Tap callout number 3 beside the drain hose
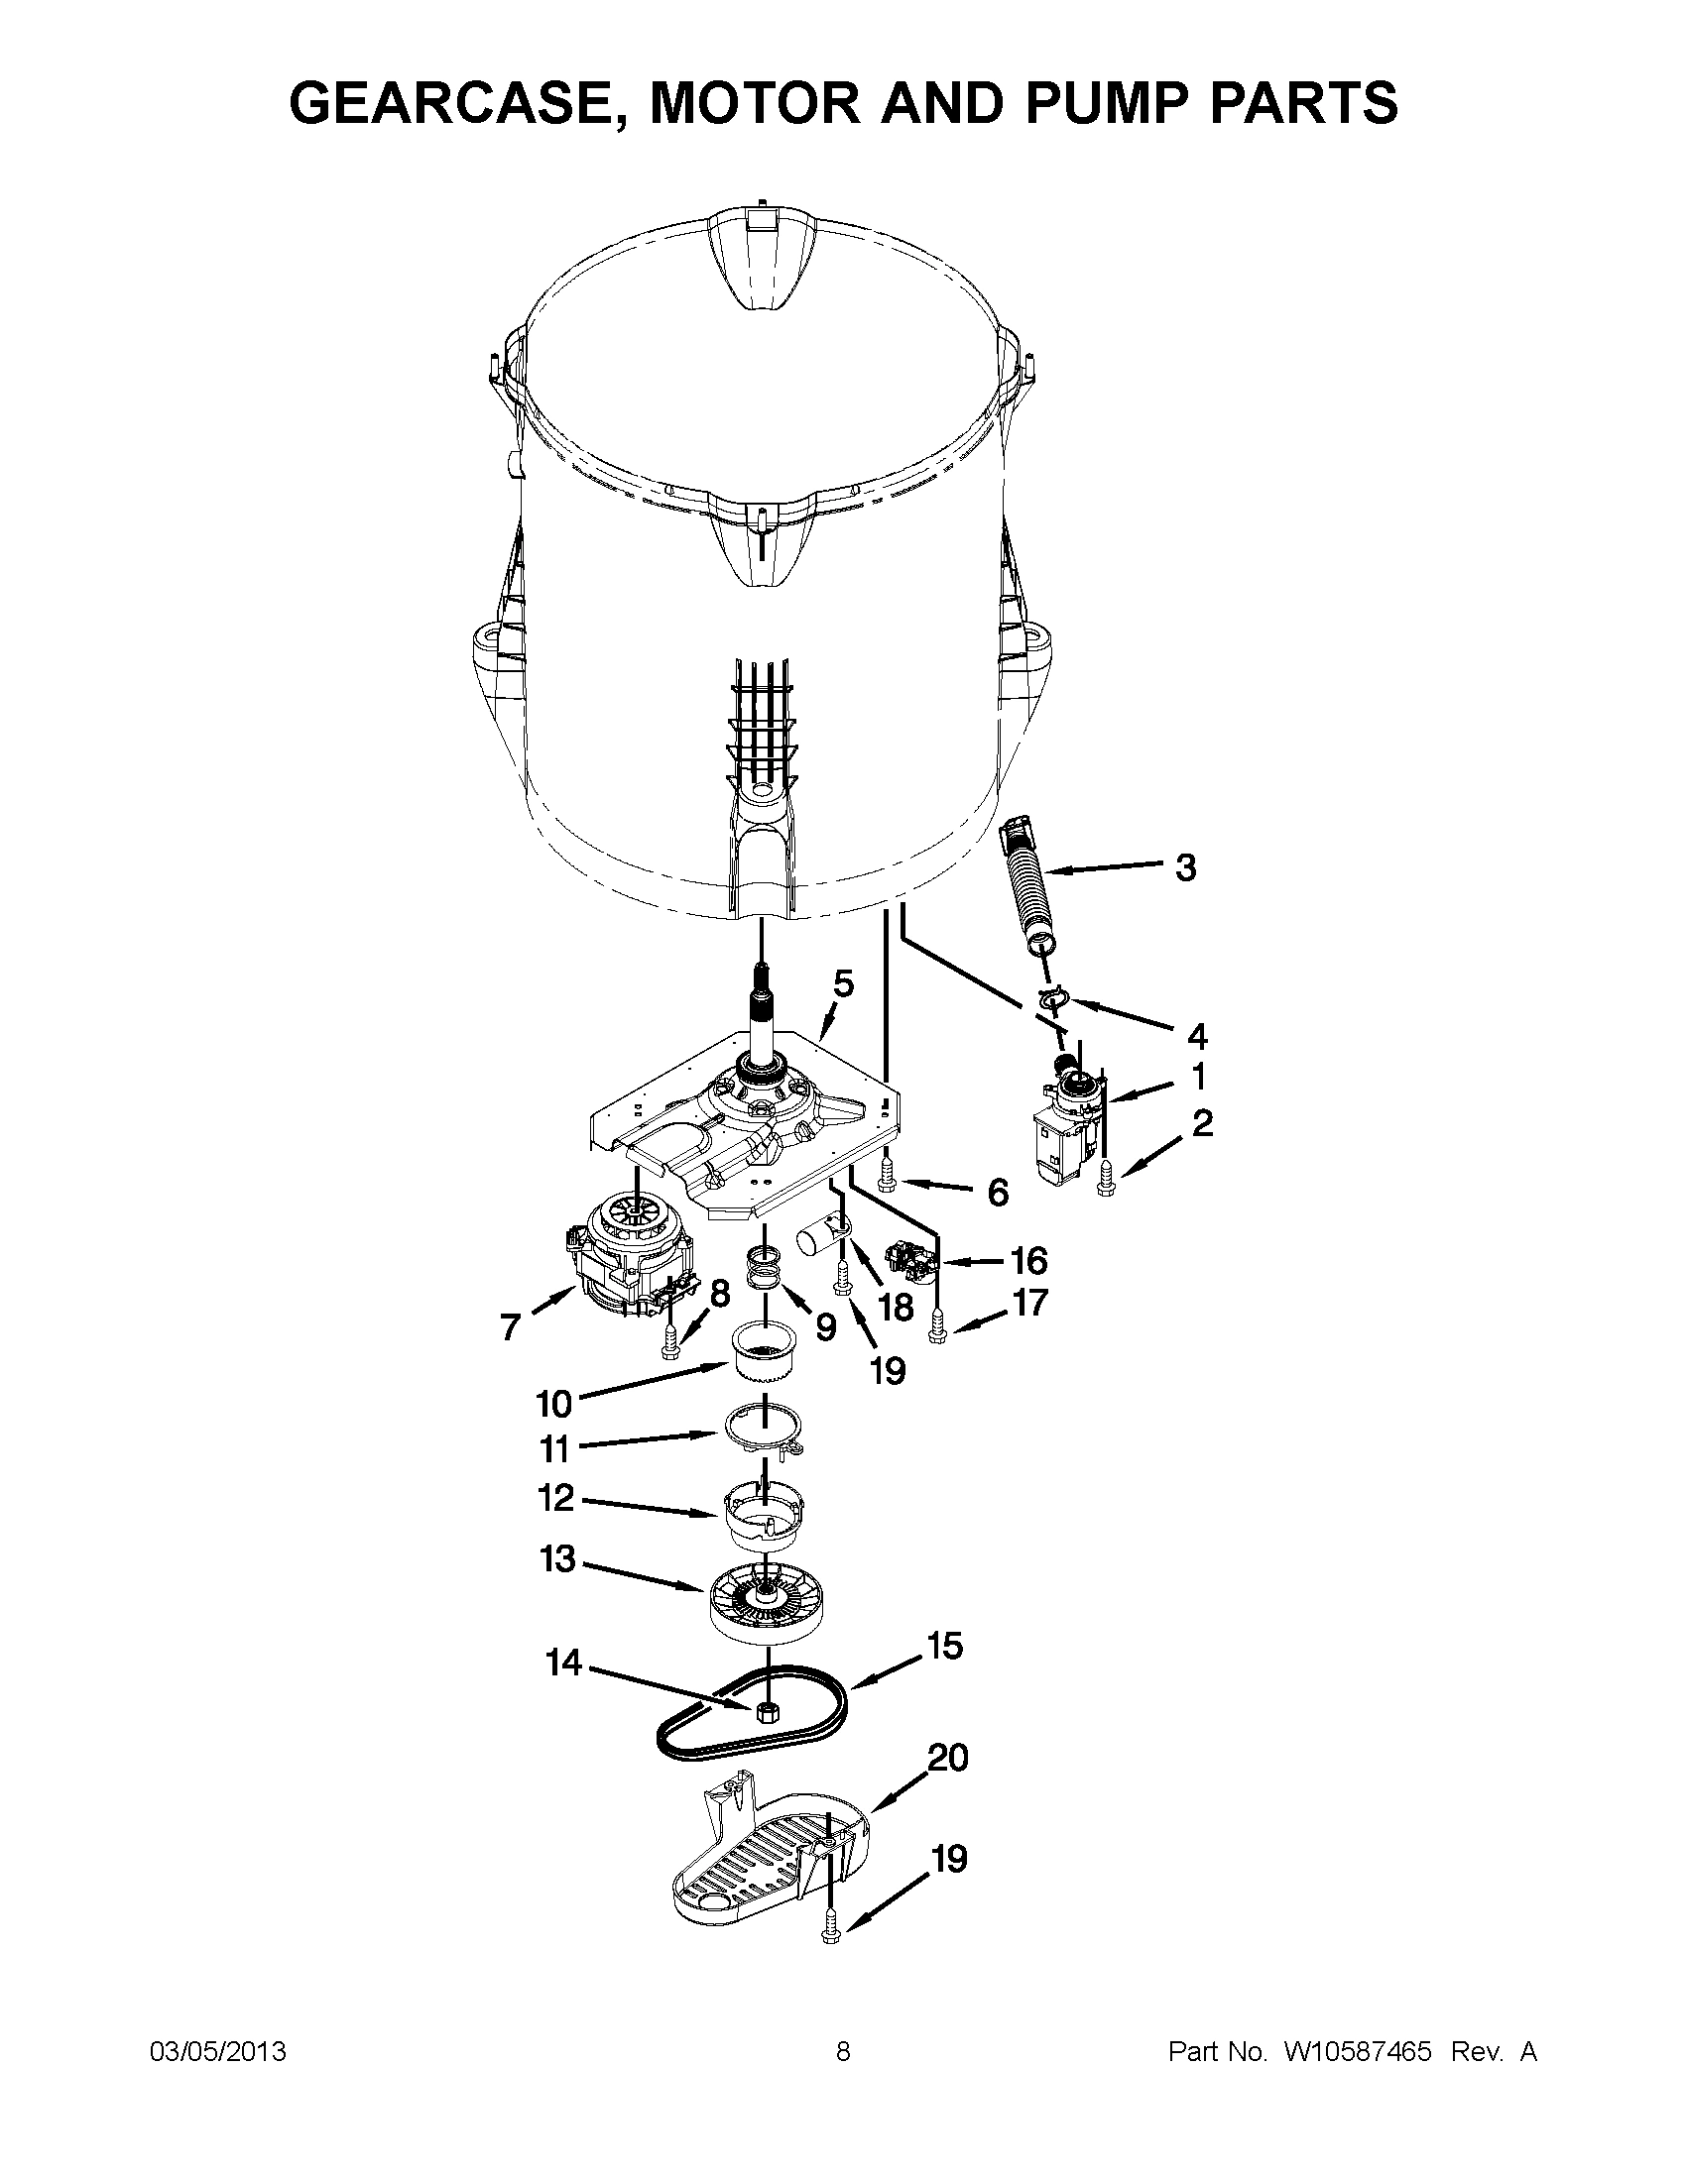tap(1184, 866)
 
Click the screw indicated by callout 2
tap(1105, 1180)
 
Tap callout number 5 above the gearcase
tap(844, 983)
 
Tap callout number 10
tap(553, 1403)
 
